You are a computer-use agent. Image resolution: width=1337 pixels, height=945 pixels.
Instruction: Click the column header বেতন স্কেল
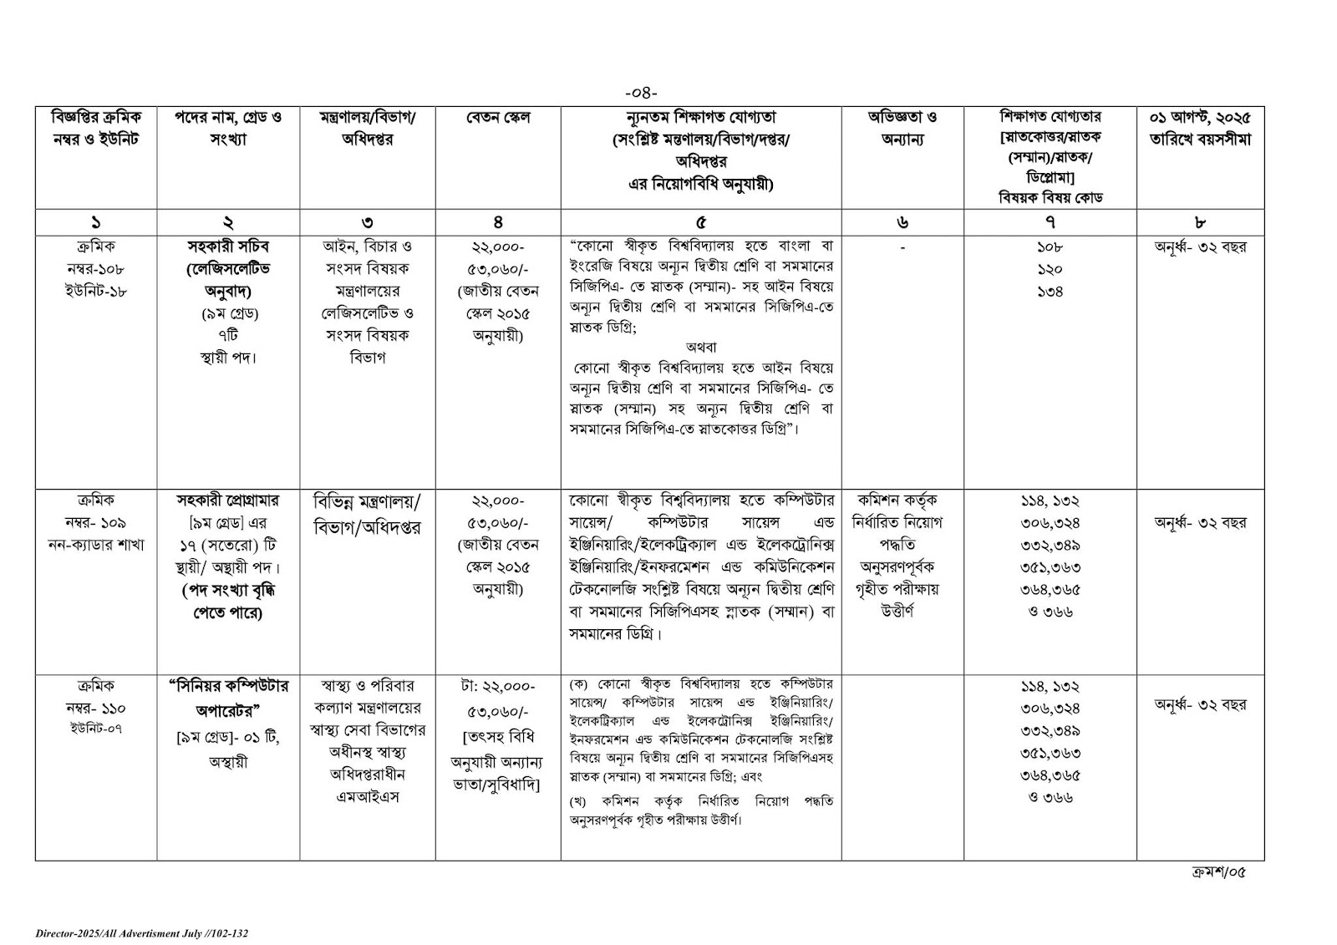coord(498,119)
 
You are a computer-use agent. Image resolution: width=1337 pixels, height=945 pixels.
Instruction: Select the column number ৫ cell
coord(700,222)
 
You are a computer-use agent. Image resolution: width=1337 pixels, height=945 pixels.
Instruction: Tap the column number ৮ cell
coord(1200,222)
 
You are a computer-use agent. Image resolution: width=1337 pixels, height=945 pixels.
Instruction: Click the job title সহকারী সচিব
coord(228,247)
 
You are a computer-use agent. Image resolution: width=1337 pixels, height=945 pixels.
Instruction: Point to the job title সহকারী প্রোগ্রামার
coord(228,500)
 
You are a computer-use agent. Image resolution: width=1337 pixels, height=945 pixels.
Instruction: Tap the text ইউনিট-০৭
coord(96,729)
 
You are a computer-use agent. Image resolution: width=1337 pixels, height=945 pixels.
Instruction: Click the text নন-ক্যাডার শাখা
coord(96,545)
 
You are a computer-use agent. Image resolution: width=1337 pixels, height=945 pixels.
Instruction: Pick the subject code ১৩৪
coord(1050,292)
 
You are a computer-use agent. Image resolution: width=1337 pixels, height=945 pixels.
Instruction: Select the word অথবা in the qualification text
coord(700,348)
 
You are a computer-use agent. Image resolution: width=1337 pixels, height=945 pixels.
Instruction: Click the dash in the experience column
coord(902,248)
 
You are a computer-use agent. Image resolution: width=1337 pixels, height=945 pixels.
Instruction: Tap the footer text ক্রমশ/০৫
coord(1218,872)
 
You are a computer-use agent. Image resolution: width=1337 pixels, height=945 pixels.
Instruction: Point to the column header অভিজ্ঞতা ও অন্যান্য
coord(902,130)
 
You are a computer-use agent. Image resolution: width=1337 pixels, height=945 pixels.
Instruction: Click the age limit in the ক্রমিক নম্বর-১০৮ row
coord(1200,247)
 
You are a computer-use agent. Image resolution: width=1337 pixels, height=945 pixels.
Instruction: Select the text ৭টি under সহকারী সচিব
coord(228,336)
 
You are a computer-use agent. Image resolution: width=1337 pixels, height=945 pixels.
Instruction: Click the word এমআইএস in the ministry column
coord(368,797)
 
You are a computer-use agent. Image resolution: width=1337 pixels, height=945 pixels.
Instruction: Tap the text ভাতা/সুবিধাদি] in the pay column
coord(498,785)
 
